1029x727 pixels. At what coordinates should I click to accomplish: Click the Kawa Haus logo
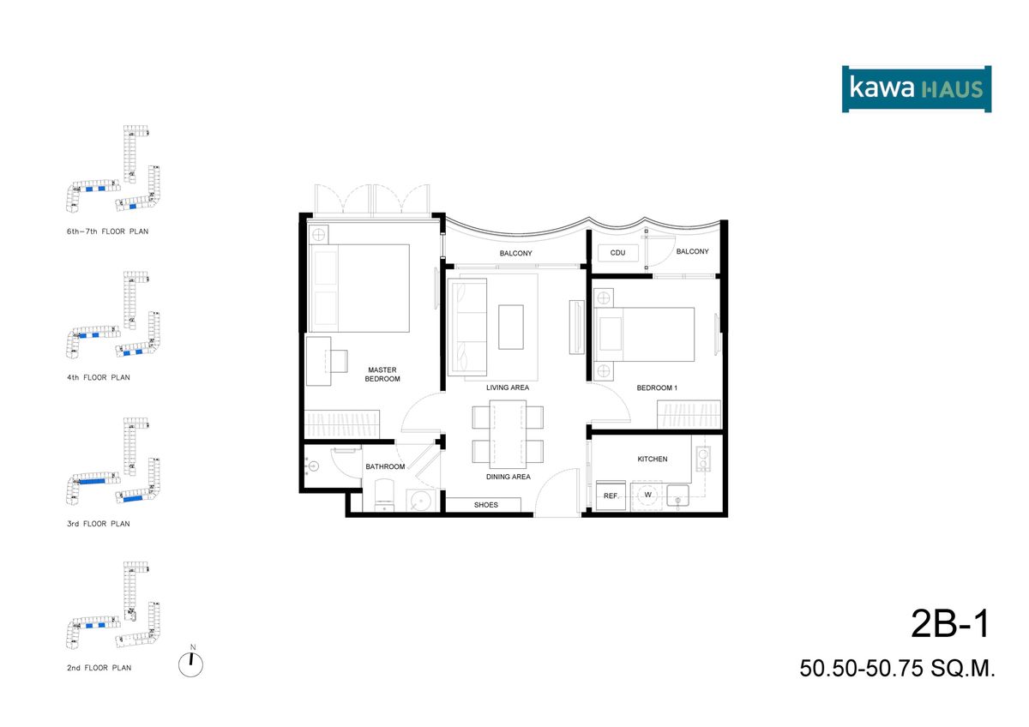tap(917, 89)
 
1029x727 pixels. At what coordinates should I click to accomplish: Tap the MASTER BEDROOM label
tap(382, 375)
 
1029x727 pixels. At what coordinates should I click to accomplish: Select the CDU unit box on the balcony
tap(618, 253)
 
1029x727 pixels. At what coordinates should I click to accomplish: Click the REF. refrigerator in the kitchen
tap(611, 496)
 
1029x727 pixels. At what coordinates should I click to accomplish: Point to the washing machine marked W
tap(647, 495)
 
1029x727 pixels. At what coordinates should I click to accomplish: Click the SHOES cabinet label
tap(486, 505)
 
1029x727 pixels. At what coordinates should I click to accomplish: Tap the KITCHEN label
tap(653, 459)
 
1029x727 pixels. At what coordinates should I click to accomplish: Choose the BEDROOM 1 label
tap(657, 388)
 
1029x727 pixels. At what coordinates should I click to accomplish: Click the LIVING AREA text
tap(508, 388)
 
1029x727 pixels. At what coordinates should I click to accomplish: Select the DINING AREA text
tap(508, 477)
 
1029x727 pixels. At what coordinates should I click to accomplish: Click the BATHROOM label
tap(385, 466)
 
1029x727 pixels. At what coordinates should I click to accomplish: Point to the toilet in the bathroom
tap(384, 495)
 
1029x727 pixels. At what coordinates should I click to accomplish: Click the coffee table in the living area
tap(511, 327)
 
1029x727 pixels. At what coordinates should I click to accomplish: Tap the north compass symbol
tap(190, 664)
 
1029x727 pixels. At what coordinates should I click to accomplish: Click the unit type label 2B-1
tap(950, 624)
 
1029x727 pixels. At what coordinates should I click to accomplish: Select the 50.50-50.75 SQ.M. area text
tap(897, 669)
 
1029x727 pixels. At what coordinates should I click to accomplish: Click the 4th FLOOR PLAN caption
tap(99, 377)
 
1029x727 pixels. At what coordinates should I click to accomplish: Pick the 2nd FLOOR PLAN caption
tap(99, 668)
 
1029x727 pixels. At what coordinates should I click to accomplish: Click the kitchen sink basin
tap(677, 496)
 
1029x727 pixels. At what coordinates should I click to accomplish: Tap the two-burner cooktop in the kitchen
tap(703, 459)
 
